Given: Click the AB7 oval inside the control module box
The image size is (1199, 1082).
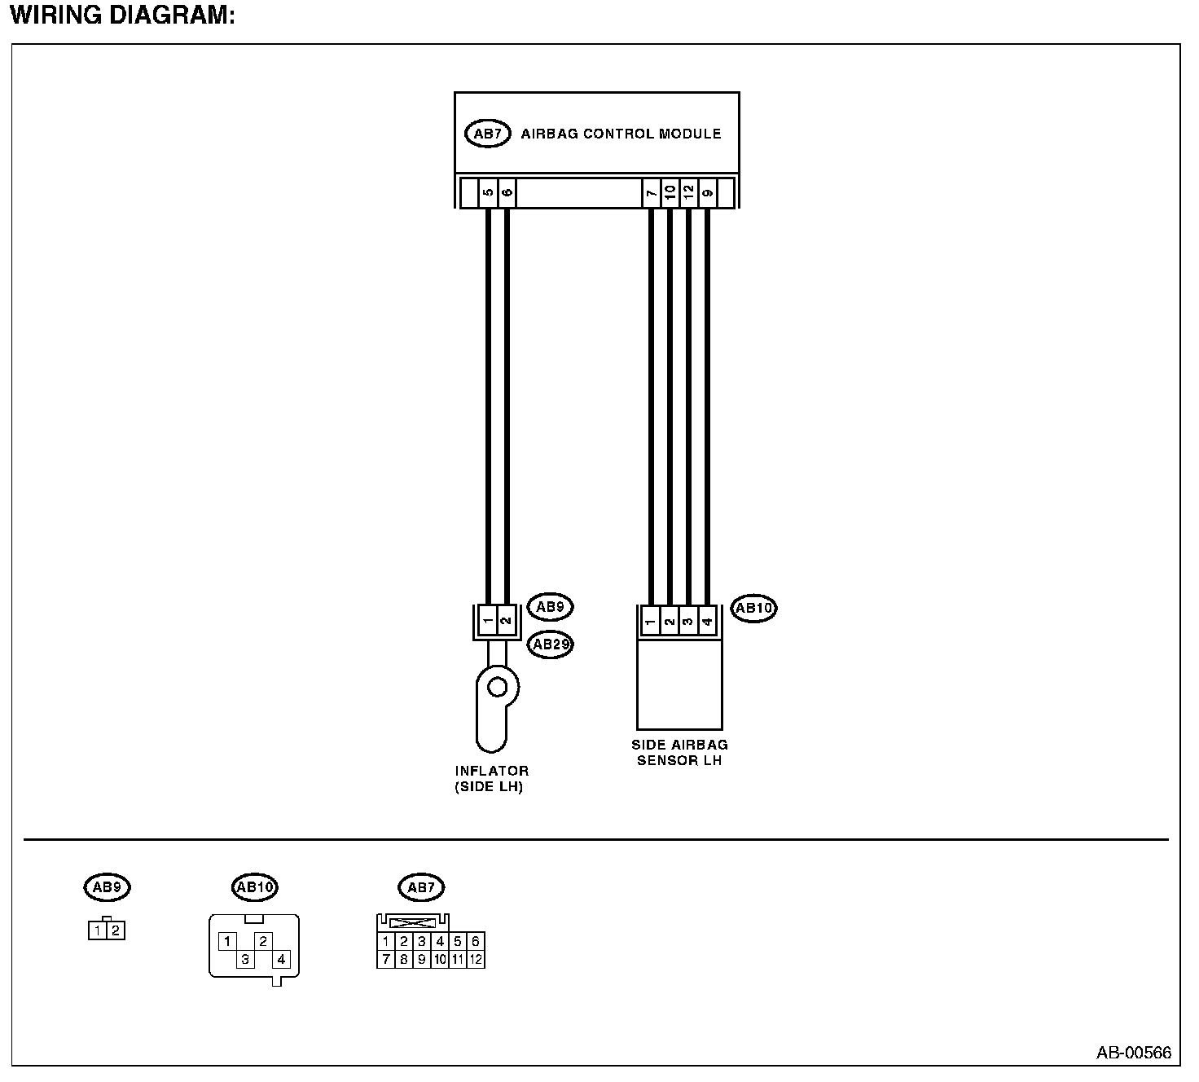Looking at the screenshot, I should (487, 134).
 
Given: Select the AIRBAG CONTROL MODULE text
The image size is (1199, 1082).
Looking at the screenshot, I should (621, 134).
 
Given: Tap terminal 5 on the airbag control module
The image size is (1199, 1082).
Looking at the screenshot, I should (488, 193).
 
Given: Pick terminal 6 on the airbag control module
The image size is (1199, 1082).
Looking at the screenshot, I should (507, 193).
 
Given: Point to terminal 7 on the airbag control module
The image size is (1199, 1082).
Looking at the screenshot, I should (651, 193).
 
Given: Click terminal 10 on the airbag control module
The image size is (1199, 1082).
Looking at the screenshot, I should (670, 193).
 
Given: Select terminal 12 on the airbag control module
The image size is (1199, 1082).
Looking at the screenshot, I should (688, 193).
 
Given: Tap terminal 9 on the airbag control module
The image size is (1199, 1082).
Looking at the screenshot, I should (707, 193).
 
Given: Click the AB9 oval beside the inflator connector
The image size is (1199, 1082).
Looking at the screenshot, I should (551, 606).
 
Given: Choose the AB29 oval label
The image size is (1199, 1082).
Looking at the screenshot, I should (551, 644).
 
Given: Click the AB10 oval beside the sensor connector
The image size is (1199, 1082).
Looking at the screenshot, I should (753, 608).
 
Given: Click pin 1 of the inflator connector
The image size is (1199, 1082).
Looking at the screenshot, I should (487, 622).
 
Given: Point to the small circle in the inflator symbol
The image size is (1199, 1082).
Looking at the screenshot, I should (497, 688).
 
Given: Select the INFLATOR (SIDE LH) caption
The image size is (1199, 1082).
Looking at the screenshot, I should (491, 779).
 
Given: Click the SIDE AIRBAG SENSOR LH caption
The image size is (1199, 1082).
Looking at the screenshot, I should (679, 752).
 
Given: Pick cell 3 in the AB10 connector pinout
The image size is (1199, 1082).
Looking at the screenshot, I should (244, 959).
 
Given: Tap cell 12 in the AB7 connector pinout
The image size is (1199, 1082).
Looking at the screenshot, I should (476, 959).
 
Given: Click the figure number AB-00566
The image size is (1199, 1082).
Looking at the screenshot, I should (1133, 1053).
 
